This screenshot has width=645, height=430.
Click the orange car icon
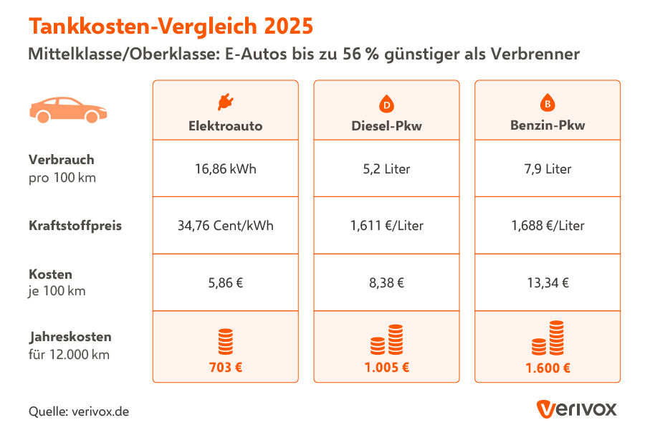pyautogui.click(x=68, y=109)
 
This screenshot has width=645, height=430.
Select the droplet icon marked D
pyautogui.click(x=386, y=104)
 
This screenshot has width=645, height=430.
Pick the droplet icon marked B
pyautogui.click(x=548, y=104)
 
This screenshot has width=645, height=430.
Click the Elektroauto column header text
pyautogui.click(x=225, y=126)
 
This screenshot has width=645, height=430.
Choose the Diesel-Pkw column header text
pyautogui.click(x=386, y=126)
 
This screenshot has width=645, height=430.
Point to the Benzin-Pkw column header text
pyautogui.click(x=548, y=126)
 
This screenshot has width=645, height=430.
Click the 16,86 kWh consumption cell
pyautogui.click(x=225, y=169)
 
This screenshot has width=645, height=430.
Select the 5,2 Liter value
pyautogui.click(x=386, y=169)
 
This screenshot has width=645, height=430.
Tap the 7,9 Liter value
pyautogui.click(x=548, y=169)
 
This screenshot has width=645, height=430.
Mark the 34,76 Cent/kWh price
pyautogui.click(x=225, y=226)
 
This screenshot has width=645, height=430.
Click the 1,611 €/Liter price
pyautogui.click(x=386, y=226)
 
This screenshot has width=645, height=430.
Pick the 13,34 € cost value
pyautogui.click(x=548, y=282)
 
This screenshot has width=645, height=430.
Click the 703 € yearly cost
pyautogui.click(x=225, y=368)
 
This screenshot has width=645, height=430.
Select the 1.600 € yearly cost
pyautogui.click(x=548, y=368)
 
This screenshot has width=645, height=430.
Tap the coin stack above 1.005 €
pyautogui.click(x=386, y=340)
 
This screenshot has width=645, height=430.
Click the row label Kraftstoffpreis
pyautogui.click(x=75, y=226)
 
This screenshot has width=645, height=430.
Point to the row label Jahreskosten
pyautogui.click(x=70, y=336)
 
